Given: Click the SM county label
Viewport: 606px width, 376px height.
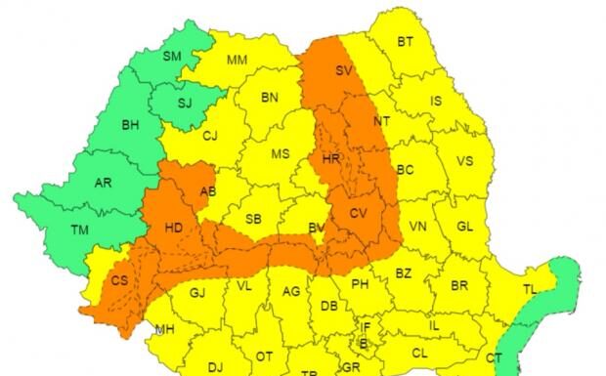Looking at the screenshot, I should [x=173, y=57].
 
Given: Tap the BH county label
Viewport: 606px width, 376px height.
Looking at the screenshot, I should [x=130, y=126].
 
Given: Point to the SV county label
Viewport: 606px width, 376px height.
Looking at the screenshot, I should [x=343, y=71].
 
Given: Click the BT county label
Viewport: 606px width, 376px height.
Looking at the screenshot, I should [x=406, y=41].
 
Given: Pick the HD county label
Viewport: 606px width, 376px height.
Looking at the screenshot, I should [x=174, y=229].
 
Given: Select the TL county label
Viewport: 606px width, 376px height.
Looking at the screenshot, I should [x=530, y=290].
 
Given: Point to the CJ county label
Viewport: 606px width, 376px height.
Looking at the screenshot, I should [x=209, y=137].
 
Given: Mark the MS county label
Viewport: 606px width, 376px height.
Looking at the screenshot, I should [x=281, y=154].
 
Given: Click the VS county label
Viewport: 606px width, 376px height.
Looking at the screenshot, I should [x=465, y=161].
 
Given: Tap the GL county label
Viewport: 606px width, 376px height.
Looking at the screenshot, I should [x=464, y=227].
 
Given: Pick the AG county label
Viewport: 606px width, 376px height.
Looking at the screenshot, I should [x=290, y=292].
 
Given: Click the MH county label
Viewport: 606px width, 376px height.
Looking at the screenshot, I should [x=164, y=329].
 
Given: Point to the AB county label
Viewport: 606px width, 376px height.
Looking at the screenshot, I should [x=207, y=191].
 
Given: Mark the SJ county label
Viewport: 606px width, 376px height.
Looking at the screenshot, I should [x=185, y=102].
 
